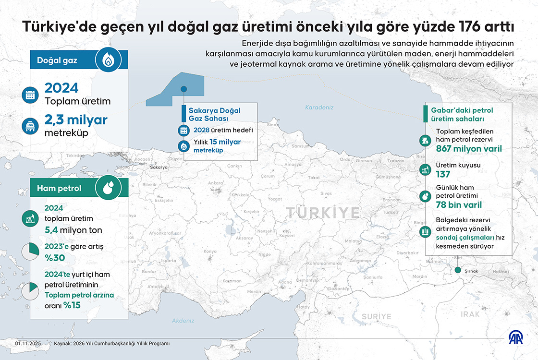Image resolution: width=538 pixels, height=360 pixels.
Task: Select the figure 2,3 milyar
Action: pyautogui.click(x=76, y=120)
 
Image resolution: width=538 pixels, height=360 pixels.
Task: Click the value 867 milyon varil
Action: pyautogui.click(x=469, y=149)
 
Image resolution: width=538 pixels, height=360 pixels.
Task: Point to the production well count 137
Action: pyautogui.click(x=443, y=174)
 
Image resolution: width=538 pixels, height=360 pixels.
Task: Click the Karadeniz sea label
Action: pyautogui.click(x=319, y=108)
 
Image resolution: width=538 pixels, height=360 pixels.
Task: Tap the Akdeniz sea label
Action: pyautogui.click(x=183, y=321)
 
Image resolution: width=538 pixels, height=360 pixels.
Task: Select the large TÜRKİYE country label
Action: pyautogui.click(x=322, y=213)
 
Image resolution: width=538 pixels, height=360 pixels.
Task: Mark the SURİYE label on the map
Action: pyautogui.click(x=377, y=317)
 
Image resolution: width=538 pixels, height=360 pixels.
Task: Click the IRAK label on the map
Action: pyautogui.click(x=470, y=314)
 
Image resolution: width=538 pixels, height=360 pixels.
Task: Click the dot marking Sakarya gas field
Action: pyautogui.click(x=183, y=89)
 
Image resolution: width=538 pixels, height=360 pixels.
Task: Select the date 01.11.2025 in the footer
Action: pyautogui.click(x=28, y=344)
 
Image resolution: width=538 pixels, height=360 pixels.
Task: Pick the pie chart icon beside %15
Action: pyautogui.click(x=30, y=291)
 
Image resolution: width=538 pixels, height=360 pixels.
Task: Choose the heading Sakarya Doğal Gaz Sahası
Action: pyautogui.click(x=214, y=114)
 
